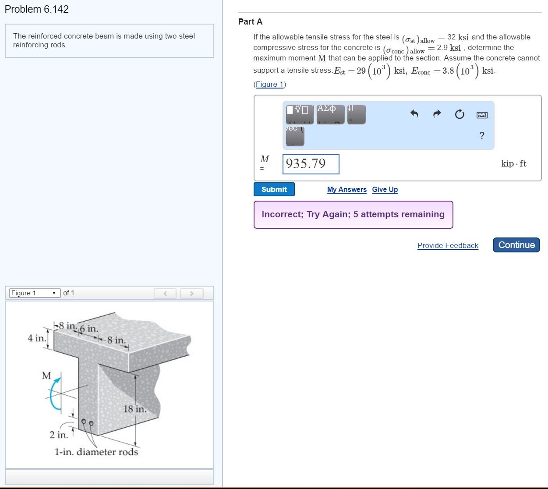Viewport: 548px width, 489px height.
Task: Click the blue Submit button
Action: [274, 189]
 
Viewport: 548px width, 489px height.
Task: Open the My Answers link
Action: [346, 189]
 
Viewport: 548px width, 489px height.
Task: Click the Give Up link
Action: [385, 189]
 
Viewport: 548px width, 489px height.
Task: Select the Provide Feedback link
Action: [447, 245]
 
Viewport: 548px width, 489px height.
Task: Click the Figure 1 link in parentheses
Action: [269, 84]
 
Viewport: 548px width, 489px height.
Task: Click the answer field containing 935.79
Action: [311, 164]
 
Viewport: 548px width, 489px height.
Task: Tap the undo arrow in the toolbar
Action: [414, 114]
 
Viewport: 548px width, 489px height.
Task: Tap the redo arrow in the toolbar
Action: [437, 114]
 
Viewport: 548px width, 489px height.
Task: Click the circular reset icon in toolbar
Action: [459, 115]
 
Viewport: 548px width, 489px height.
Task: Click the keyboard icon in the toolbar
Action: [482, 115]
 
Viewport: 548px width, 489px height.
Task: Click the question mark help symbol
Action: [482, 135]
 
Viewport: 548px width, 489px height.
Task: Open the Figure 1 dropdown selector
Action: [35, 293]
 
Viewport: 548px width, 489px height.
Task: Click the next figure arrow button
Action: [191, 293]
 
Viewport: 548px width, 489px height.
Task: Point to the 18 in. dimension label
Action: [134, 409]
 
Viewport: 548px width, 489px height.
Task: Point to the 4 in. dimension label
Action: [36, 338]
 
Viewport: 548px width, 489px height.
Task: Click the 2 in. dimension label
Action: [58, 435]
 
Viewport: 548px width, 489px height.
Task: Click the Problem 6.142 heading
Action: [37, 9]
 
